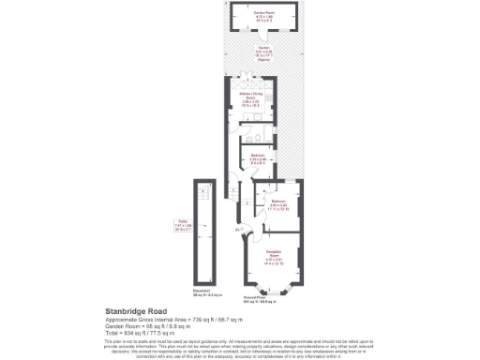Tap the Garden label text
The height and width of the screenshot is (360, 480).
pyautogui.click(x=263, y=54)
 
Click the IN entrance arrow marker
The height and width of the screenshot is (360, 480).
pyautogui.click(x=241, y=225)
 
